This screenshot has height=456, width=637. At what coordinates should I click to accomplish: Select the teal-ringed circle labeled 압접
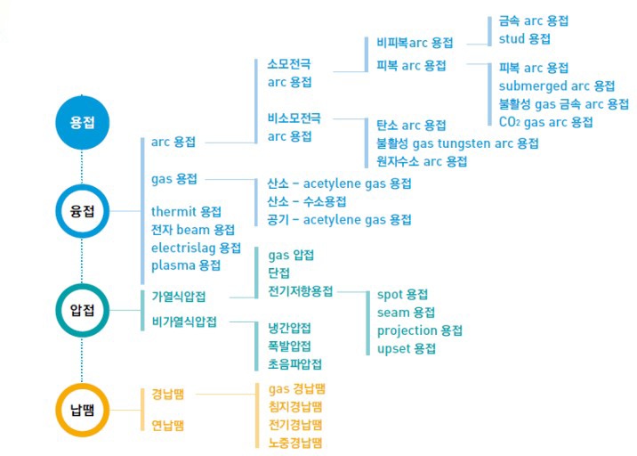[82, 310]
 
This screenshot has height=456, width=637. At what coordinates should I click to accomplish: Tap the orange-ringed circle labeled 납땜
[82, 409]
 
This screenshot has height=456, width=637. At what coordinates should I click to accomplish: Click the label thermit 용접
[186, 212]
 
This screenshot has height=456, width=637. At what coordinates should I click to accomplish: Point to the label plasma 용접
[186, 265]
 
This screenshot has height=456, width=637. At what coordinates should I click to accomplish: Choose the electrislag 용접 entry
[196, 248]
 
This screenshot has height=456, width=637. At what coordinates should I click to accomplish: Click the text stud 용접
[524, 39]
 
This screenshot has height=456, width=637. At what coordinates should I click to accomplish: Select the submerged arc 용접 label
[557, 86]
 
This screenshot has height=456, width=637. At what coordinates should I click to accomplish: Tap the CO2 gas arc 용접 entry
[545, 122]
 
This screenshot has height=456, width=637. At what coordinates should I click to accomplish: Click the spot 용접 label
[402, 295]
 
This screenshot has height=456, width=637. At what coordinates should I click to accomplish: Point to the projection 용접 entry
[419, 330]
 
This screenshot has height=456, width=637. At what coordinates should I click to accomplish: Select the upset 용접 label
[406, 348]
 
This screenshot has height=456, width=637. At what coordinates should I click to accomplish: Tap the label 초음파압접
[294, 363]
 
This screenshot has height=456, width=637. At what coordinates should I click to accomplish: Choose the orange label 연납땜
[167, 426]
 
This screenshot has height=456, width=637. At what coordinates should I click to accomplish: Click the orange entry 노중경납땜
[294, 442]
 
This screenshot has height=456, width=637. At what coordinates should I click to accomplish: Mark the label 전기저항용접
[300, 291]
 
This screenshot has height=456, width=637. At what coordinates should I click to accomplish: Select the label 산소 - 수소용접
[307, 201]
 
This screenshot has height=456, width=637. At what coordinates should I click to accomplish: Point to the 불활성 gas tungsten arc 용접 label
[457, 143]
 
